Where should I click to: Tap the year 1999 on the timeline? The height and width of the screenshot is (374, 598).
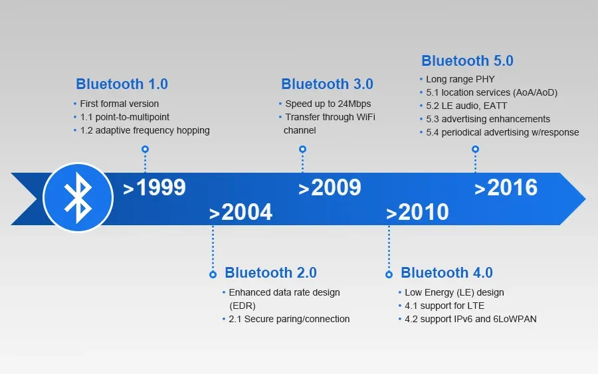pos(155,188)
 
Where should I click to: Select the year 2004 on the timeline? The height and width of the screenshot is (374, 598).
pos(241,212)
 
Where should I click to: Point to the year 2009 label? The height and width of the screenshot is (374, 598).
pos(330,188)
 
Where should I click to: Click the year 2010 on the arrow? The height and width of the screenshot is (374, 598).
pos(418,212)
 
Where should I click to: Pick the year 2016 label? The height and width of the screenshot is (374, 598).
pos(506,188)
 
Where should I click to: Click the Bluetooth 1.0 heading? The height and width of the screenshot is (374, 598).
pos(122,84)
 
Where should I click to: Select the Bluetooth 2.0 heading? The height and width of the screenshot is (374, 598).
pos(270,273)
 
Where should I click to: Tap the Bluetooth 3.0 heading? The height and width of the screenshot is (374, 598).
pos(327,84)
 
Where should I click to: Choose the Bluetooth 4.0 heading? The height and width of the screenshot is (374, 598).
pos(447,273)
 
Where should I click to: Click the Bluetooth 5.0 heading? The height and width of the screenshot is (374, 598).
pos(467,61)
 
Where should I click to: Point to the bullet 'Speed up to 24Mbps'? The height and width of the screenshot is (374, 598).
pos(328,104)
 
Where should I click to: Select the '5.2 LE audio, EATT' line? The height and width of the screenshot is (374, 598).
pos(466,106)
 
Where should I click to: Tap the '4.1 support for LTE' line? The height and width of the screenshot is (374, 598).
pos(445,306)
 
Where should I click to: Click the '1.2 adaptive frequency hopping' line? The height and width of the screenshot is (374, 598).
pos(144,130)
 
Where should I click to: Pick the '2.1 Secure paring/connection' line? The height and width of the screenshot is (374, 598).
pos(289,319)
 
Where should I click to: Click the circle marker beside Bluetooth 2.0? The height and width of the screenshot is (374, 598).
pos(213,274)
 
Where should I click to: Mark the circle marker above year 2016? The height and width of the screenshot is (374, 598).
pos(475,149)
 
